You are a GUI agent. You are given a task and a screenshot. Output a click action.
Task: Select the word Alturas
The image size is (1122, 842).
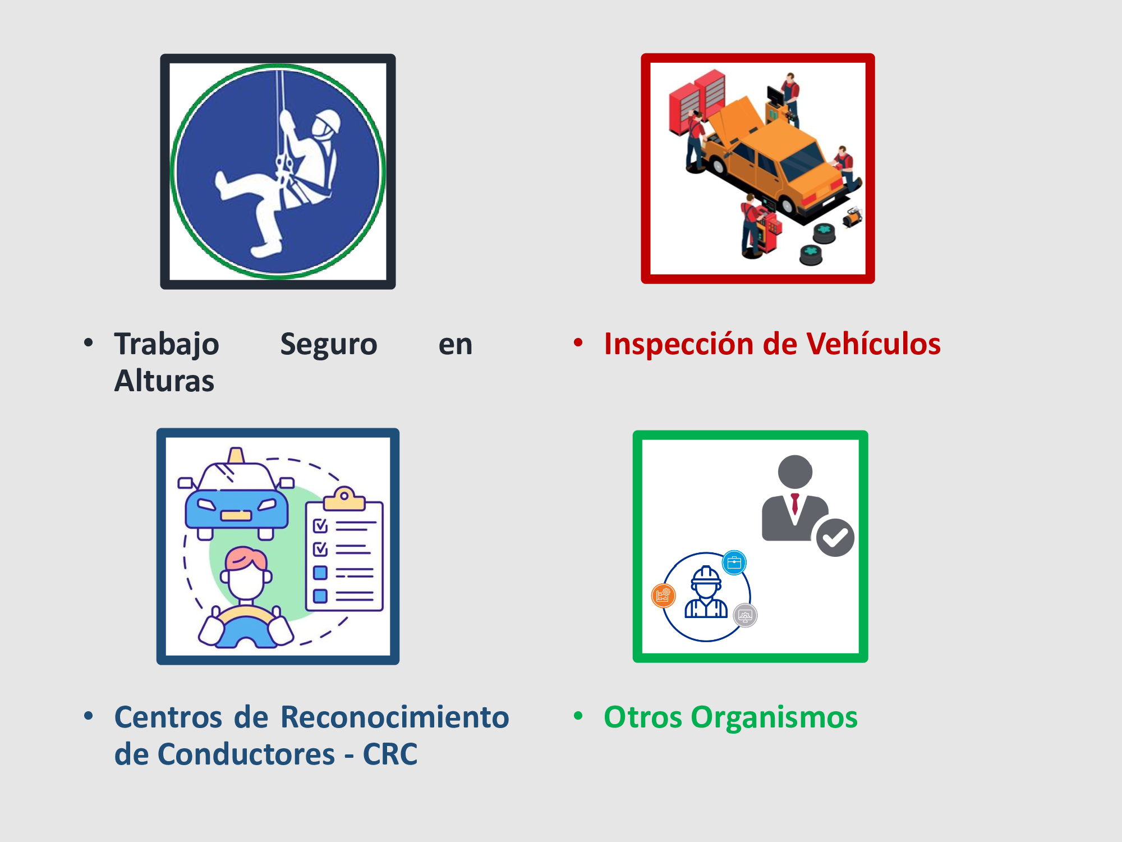pos(164,381)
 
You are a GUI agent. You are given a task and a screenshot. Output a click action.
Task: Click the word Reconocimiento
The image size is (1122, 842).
pos(395,717)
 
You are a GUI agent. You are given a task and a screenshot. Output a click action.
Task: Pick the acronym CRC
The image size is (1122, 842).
pos(390,754)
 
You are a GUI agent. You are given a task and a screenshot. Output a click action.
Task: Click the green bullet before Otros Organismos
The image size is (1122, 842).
pos(578,716)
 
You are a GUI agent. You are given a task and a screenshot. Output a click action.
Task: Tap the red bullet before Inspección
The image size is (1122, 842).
pos(578,342)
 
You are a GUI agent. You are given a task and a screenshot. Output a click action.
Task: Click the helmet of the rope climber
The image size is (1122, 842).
pos(327,122)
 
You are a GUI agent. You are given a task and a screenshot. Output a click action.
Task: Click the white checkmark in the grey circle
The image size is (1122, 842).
pos(835,538)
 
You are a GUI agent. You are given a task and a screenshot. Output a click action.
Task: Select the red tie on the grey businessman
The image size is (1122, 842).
pos(795,504)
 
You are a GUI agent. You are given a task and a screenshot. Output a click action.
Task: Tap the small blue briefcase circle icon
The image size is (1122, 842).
pos(734,562)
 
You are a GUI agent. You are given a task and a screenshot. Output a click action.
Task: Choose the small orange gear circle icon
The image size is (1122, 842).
pos(663,596)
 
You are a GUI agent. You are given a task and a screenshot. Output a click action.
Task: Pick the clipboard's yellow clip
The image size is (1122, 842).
pos(344,498)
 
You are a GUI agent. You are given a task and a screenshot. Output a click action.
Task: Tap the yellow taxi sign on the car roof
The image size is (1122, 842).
pos(236,455)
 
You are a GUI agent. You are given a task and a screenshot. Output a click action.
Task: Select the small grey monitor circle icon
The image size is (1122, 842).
pos(745,616)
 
